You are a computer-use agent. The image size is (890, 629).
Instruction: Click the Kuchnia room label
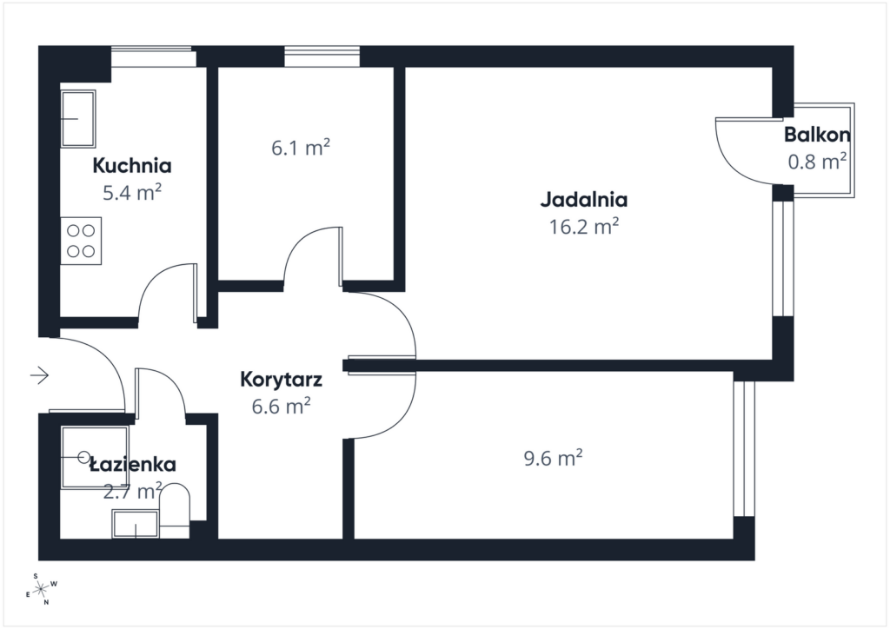point(132,165)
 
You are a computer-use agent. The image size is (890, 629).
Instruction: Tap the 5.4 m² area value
point(132,192)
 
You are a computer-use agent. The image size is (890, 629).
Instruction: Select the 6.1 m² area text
point(301,149)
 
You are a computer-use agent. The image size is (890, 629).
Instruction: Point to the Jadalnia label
point(584,199)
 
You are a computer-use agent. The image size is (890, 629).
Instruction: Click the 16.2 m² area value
point(584,227)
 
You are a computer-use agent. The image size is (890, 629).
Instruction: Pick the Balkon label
point(817,135)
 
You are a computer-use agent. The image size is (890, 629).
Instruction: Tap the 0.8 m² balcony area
point(817,161)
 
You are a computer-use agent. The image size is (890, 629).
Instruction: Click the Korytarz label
point(282,379)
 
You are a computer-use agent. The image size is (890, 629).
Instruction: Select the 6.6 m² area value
point(282,406)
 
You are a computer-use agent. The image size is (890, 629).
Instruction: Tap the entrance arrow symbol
point(40,375)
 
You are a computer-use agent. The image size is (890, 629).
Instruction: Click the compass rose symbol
point(41,588)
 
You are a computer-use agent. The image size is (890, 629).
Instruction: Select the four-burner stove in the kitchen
point(81,241)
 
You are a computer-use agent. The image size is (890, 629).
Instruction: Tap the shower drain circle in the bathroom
point(83,456)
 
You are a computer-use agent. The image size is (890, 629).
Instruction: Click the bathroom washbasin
point(135,525)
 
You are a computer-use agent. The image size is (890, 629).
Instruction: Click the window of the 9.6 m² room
point(744,447)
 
